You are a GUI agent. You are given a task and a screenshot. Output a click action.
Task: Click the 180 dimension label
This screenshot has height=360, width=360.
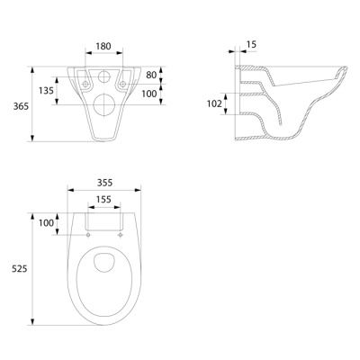103,46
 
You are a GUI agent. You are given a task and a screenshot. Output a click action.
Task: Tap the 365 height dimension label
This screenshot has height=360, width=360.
21,106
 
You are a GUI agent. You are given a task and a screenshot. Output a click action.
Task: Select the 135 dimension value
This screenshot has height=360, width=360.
46,90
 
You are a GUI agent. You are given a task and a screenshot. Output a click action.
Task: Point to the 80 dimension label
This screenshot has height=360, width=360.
151,75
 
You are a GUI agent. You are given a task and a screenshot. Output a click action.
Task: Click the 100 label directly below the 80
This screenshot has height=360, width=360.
149,94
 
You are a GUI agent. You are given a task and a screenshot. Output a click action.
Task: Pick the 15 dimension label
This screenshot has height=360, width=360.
251,44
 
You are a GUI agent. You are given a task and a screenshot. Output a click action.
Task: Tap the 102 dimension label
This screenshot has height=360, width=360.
214,103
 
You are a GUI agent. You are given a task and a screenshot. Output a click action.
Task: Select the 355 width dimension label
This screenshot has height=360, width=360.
104,183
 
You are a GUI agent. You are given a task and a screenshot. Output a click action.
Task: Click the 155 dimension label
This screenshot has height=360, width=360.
103,199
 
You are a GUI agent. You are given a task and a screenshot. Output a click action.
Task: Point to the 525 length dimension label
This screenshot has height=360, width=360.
20,269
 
